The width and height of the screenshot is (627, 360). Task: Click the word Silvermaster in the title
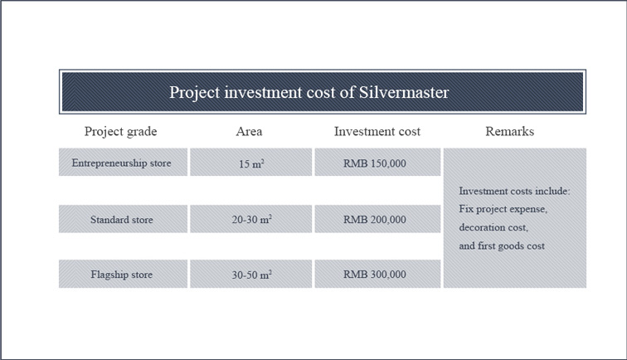coord(404,92)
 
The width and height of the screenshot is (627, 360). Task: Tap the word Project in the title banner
coord(195,93)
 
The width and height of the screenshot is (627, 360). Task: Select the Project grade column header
coord(121,132)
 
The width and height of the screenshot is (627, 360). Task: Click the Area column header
coord(249,131)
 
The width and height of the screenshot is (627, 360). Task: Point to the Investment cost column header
coord(377,131)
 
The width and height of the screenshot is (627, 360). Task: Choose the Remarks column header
coord(510,131)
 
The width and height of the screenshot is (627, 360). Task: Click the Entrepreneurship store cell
coord(123,162)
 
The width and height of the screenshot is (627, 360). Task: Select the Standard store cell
coord(123,219)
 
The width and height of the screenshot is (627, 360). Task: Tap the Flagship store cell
coord(123,274)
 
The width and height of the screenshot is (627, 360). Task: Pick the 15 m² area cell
coord(250,162)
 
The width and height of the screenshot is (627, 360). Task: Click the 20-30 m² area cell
coord(250,219)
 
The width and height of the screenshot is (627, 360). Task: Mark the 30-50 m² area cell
coord(250,274)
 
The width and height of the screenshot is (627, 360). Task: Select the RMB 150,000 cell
coord(377,162)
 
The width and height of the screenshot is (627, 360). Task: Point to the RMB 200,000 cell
coord(377,219)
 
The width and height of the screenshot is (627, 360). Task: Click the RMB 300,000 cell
coord(377,274)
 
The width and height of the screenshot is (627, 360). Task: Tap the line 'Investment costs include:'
coord(515,191)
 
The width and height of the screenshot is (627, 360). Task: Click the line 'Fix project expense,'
coord(503,209)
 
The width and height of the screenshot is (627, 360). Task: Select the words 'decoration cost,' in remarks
coord(493,227)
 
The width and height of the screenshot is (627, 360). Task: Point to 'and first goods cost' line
coord(502,246)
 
